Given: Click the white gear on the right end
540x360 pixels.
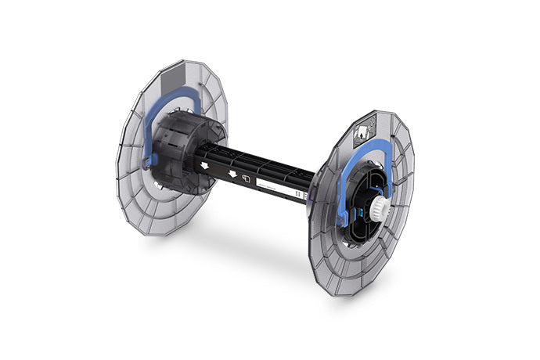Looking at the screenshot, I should coord(381,207).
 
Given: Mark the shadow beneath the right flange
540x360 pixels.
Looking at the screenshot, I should coord(313,282).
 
